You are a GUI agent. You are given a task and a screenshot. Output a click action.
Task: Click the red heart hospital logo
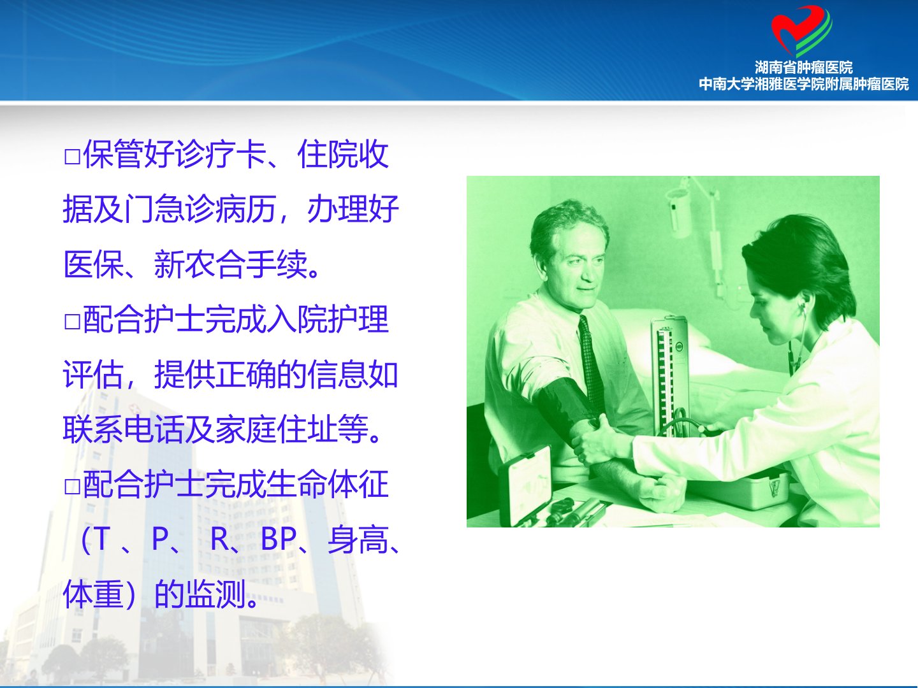pyautogui.click(x=801, y=31)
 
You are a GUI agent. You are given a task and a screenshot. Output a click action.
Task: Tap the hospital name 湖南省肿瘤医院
pyautogui.click(x=803, y=68)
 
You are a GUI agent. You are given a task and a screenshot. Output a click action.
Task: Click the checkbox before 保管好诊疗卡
pyautogui.click(x=72, y=157)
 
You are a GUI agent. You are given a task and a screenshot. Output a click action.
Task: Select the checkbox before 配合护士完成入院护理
pyautogui.click(x=72, y=322)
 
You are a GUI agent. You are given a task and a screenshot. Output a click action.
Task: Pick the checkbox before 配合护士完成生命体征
pyautogui.click(x=72, y=487)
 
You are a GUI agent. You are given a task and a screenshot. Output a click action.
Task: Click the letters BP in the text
pyautogui.click(x=278, y=539)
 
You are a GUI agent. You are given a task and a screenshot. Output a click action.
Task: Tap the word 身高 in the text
pyautogui.click(x=358, y=540)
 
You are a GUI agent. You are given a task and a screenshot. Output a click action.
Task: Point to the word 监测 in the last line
pyautogui.click(x=215, y=594)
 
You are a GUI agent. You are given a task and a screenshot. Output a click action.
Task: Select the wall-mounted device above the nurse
pyautogui.click(x=678, y=209)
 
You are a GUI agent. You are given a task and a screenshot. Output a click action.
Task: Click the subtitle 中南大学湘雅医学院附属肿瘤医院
pyautogui.click(x=803, y=84)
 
